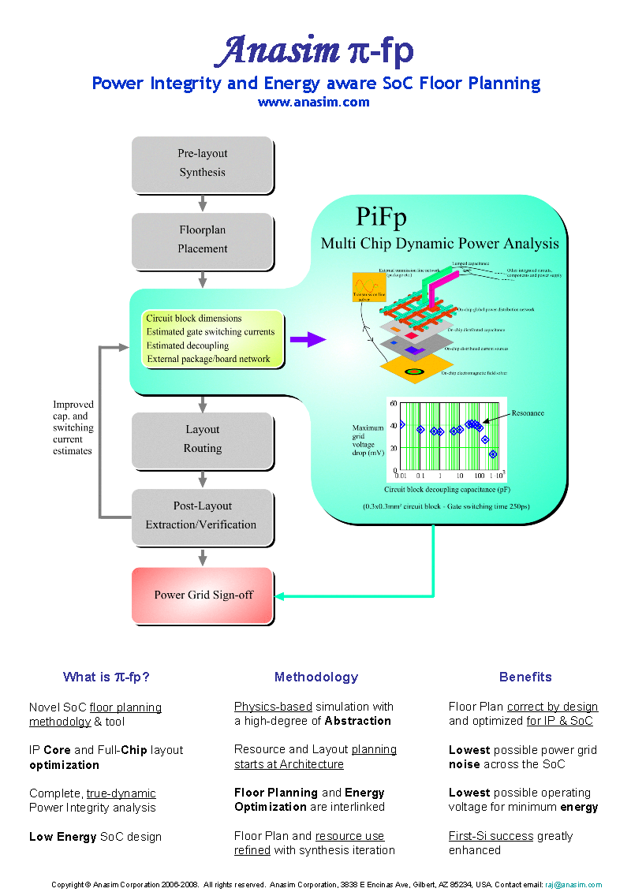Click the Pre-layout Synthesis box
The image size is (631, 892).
(x=202, y=163)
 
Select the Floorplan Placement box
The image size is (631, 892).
(x=202, y=240)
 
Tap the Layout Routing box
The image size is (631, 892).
(x=202, y=439)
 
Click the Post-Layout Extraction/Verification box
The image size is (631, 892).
(x=202, y=515)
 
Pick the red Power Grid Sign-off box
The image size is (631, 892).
(x=203, y=595)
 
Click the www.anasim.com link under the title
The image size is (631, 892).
(x=313, y=102)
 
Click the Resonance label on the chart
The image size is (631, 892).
(x=528, y=413)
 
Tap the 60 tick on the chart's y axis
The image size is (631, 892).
(x=392, y=403)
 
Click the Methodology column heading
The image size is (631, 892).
(x=315, y=677)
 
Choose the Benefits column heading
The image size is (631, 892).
(x=525, y=677)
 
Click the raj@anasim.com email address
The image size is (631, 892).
(x=573, y=885)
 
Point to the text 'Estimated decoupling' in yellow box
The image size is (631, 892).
(x=188, y=345)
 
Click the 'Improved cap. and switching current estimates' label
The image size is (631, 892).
(x=73, y=427)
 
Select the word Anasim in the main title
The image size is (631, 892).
(x=278, y=52)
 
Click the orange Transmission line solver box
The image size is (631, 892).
(x=369, y=288)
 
